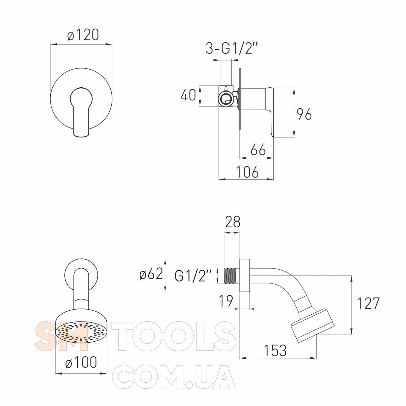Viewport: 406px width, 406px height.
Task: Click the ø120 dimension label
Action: (x=83, y=35)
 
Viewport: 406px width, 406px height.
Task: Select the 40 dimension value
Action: (x=188, y=95)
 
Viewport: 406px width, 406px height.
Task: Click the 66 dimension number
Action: (x=258, y=150)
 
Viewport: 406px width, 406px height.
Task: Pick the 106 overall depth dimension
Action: (x=247, y=172)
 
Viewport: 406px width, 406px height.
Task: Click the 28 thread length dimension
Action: (x=232, y=222)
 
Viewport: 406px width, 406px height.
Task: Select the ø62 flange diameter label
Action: (x=151, y=274)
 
